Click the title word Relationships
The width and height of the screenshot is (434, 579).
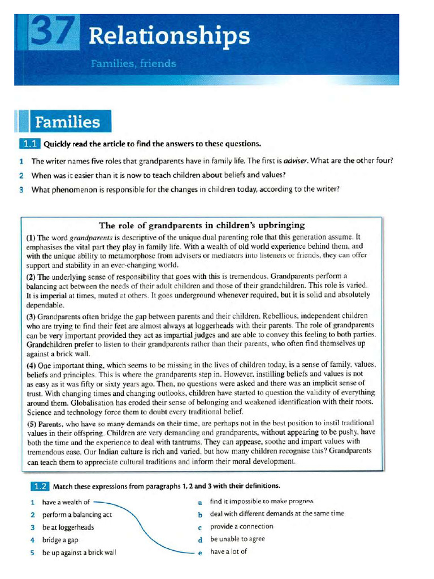(169, 36)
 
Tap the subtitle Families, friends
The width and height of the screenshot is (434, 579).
(133, 64)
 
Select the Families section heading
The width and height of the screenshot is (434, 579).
(67, 122)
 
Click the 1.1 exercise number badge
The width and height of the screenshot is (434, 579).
(30, 144)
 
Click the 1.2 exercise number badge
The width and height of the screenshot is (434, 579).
(39, 486)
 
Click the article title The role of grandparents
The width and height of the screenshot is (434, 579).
(202, 225)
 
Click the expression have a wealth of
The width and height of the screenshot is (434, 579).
(66, 502)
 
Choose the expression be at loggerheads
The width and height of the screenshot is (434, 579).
(68, 527)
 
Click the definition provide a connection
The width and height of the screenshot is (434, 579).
(241, 526)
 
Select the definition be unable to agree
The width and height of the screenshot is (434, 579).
(237, 539)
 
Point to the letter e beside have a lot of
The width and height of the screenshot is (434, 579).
(200, 552)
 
